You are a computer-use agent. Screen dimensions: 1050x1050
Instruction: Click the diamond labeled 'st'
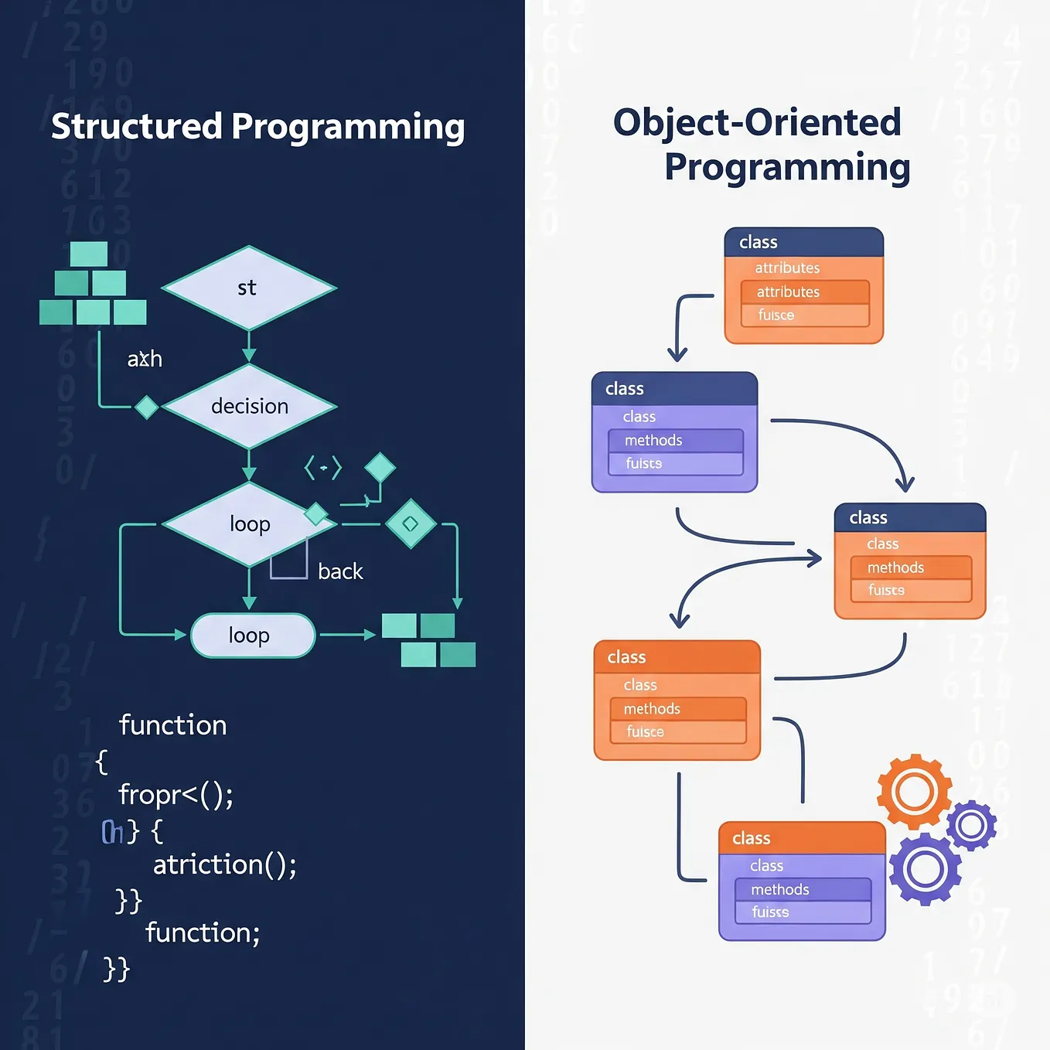pos(248,288)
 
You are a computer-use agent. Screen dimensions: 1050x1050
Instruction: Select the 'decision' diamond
pos(249,406)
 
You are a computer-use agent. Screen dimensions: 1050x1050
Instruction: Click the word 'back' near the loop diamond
pos(340,571)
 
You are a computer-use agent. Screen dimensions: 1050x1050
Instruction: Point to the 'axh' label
pos(145,359)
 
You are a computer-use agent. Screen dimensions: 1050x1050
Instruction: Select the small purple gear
pos(971,826)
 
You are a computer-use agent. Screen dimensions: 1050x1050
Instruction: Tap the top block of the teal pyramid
pos(89,254)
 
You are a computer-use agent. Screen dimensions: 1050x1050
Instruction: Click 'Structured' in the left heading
pos(137,126)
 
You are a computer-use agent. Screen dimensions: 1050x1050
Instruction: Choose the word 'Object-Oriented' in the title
pos(757,122)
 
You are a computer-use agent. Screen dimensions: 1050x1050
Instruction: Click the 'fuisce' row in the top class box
pos(804,315)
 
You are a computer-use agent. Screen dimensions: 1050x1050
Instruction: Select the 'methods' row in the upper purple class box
pos(675,441)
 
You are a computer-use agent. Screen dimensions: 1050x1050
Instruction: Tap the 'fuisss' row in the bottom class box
pos(803,912)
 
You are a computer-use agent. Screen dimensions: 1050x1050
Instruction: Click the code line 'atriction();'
pos(224,864)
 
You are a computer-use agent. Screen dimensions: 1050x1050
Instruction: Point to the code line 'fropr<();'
pos(176,795)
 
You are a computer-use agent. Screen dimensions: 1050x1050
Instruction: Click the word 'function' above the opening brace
pos(172,725)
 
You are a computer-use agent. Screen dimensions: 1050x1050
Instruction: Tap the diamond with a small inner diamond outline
pos(411,523)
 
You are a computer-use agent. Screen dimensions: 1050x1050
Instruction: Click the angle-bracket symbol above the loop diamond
pos(322,468)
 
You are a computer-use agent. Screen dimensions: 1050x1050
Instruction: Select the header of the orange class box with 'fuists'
pos(909,518)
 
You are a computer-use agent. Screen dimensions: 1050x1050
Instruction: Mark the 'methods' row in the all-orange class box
pos(677,709)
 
